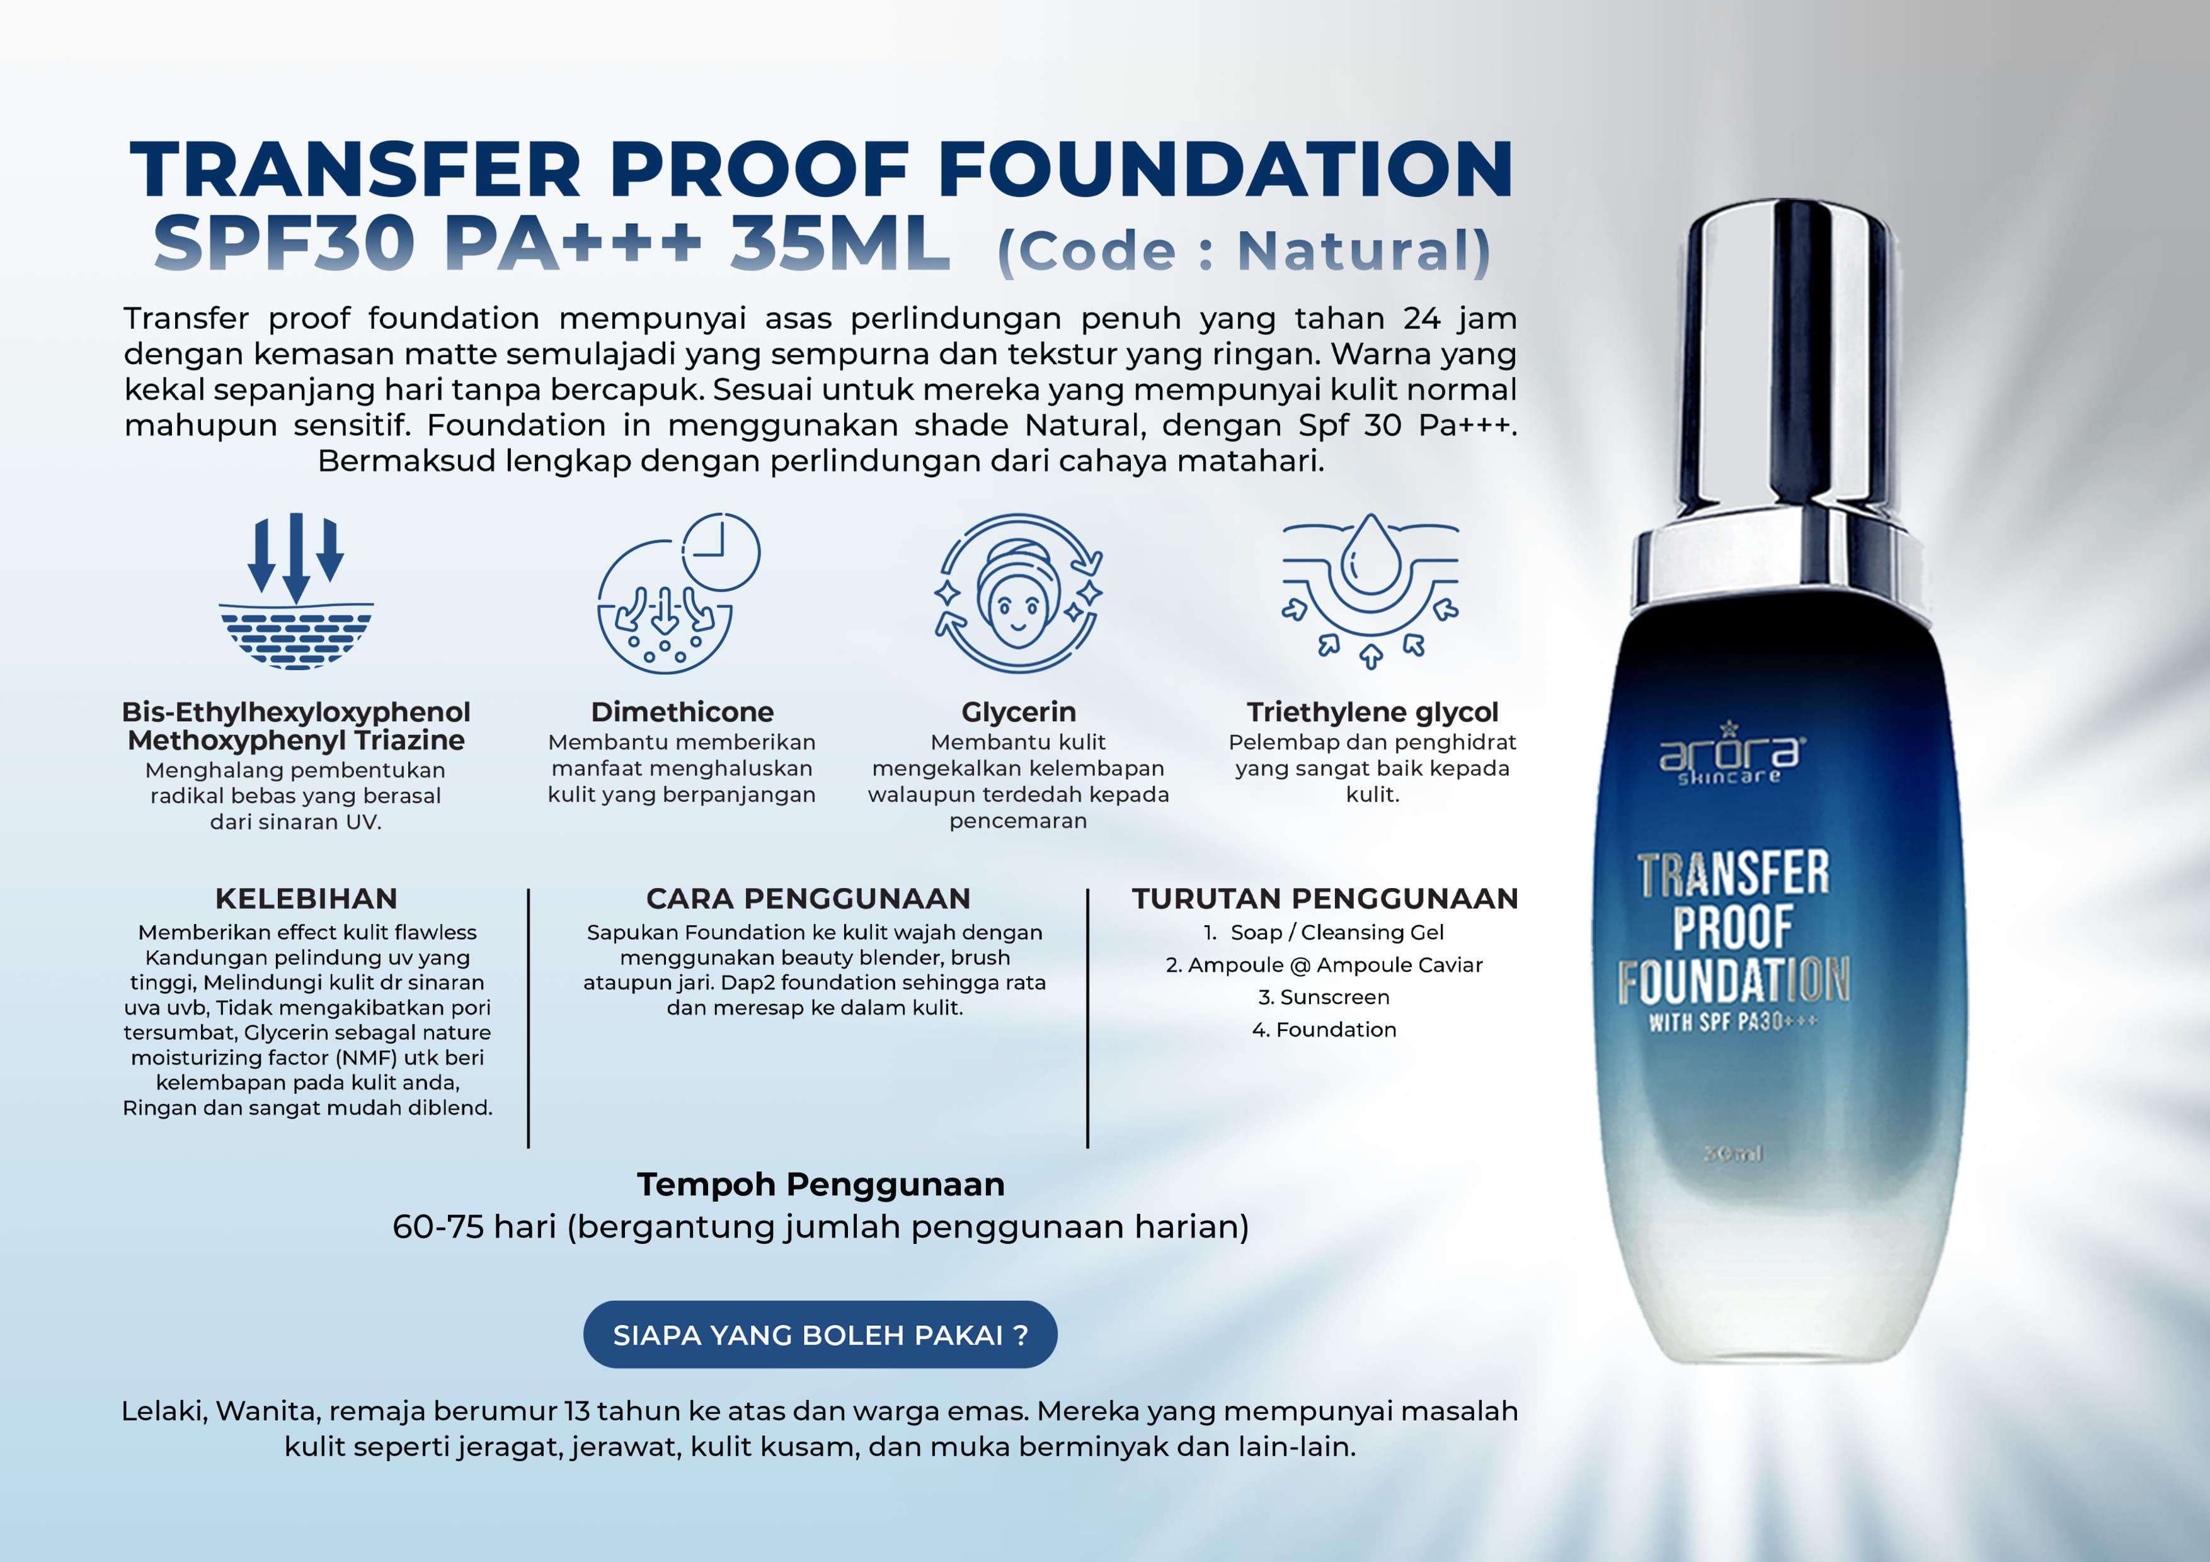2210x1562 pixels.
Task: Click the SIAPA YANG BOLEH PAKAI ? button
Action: [820, 1334]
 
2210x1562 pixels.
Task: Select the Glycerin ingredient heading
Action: [1018, 712]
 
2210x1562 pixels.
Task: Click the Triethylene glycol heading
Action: [1373, 712]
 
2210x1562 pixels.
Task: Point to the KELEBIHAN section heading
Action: [306, 898]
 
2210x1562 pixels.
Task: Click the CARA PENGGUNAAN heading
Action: [808, 898]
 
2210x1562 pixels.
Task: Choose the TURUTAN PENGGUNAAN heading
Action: [1324, 898]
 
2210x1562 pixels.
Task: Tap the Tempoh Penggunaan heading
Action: [820, 1183]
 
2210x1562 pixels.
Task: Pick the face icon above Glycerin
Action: [1018, 592]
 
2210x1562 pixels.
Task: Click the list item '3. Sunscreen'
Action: [1324, 997]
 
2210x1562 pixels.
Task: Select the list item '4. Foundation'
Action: [1324, 1030]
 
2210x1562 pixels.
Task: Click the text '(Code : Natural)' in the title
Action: [1244, 251]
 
